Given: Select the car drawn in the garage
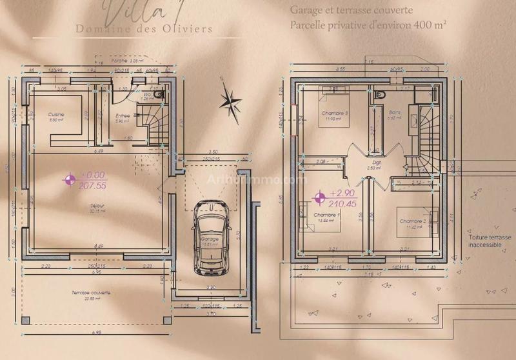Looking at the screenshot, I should (211, 236).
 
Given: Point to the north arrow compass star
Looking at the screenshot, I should (228, 99).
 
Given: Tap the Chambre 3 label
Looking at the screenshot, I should (335, 113).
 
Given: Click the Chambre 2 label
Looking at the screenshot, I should (413, 221).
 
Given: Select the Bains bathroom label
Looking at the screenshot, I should (395, 113).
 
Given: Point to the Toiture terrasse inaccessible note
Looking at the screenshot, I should (490, 241).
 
